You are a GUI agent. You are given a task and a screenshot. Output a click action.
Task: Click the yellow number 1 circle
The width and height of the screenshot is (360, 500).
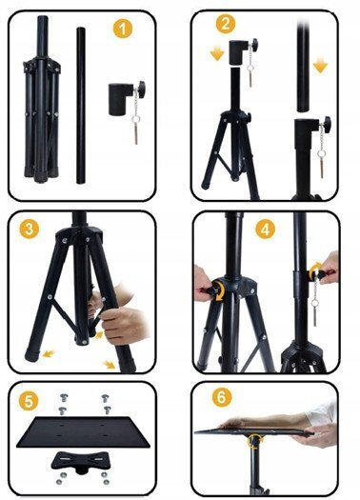tap(123, 29)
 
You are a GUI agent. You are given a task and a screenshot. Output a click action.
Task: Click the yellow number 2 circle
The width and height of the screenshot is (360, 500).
tap(226, 24)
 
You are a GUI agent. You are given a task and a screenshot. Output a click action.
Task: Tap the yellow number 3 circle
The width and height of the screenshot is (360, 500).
tap(29, 229)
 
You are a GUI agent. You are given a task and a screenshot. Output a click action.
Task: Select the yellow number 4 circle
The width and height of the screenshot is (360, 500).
tap(266, 229)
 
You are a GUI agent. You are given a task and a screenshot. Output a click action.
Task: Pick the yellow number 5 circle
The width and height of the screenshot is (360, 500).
tap(29, 401)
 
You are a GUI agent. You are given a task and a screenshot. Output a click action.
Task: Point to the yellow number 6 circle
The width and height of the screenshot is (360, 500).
tap(222, 397)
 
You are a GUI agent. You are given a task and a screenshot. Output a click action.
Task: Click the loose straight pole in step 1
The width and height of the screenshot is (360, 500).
tap(81, 106)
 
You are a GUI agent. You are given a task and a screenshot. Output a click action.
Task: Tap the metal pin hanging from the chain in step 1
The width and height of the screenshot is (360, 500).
tap(136, 134)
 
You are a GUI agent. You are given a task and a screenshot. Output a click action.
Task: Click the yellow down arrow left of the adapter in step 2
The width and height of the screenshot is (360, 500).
tap(217, 53)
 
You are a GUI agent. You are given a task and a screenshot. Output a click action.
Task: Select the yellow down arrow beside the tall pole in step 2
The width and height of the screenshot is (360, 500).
tap(320, 66)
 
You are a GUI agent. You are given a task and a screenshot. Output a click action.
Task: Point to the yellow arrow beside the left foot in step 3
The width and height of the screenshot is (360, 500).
tap(49, 353)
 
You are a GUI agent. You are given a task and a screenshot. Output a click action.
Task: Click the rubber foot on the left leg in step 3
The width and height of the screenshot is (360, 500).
tap(31, 355)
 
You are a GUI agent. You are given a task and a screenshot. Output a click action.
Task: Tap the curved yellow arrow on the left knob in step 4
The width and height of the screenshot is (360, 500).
tap(219, 290)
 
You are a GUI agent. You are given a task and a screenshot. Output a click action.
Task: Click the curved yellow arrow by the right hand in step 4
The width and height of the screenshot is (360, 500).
tap(314, 270)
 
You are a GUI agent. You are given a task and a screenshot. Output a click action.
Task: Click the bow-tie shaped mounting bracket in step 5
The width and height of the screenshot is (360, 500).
tap(81, 460)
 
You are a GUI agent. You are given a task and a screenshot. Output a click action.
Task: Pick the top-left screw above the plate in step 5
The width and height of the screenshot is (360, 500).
tap(64, 398)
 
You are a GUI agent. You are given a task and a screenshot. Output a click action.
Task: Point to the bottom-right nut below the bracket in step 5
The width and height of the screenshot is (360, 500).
tap(107, 482)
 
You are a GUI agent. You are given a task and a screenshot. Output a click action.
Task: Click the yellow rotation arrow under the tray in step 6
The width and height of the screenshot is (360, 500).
tap(254, 441)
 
